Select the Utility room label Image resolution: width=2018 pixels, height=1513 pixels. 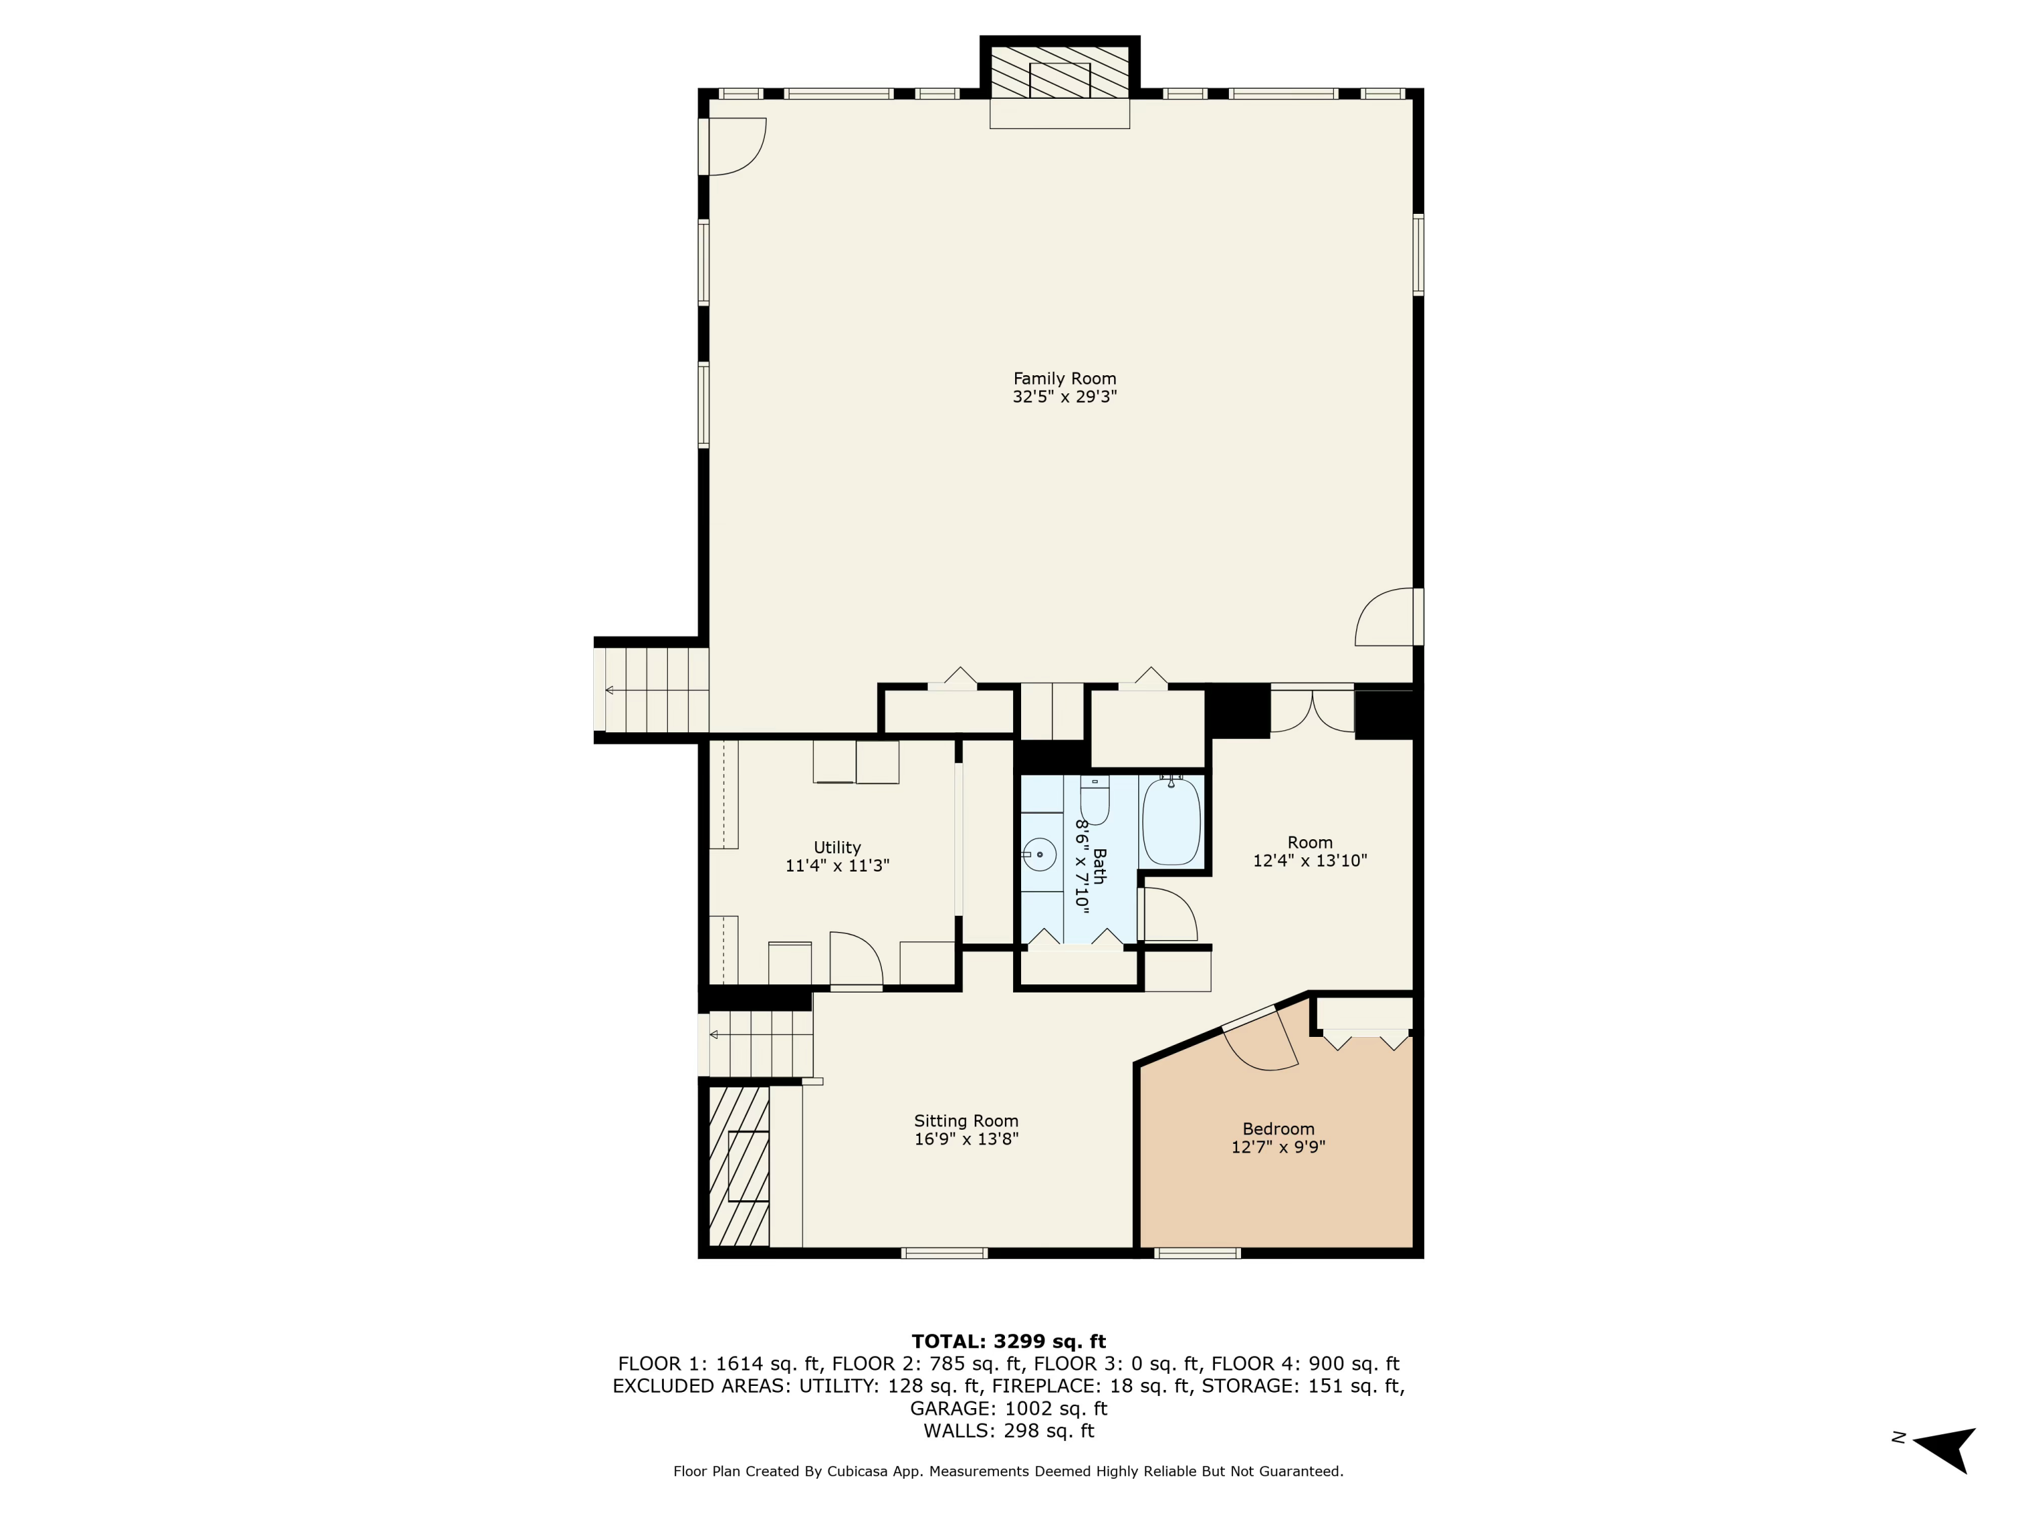(x=837, y=847)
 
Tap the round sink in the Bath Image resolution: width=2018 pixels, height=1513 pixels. (x=1039, y=855)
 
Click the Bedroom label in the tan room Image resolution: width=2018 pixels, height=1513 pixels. (x=1277, y=1129)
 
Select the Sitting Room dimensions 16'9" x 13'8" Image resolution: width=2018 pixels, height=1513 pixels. (x=965, y=1139)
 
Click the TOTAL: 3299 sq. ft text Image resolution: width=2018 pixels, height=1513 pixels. (x=1008, y=1342)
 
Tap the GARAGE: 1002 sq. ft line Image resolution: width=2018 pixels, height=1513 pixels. (x=1008, y=1408)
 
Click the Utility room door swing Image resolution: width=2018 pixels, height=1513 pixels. (x=856, y=960)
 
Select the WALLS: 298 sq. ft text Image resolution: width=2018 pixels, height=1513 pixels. (x=1008, y=1431)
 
